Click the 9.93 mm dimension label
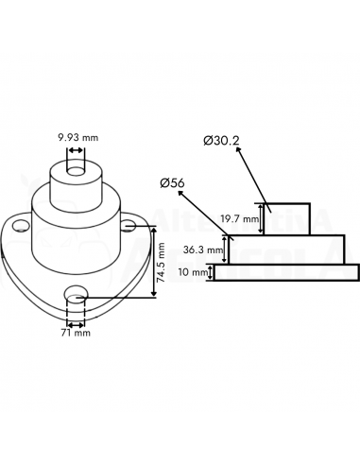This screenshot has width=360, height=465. (77, 137)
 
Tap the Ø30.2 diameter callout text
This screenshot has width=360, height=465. (221, 141)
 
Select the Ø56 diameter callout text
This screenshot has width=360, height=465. (172, 183)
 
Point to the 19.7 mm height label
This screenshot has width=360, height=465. (239, 218)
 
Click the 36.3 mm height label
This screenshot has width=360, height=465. (203, 250)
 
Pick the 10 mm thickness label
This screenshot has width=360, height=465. (194, 272)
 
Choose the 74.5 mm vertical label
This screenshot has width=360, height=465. (162, 263)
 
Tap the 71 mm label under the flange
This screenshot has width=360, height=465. (76, 333)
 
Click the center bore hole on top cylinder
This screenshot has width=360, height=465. (76, 171)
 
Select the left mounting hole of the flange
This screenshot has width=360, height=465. (21, 226)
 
